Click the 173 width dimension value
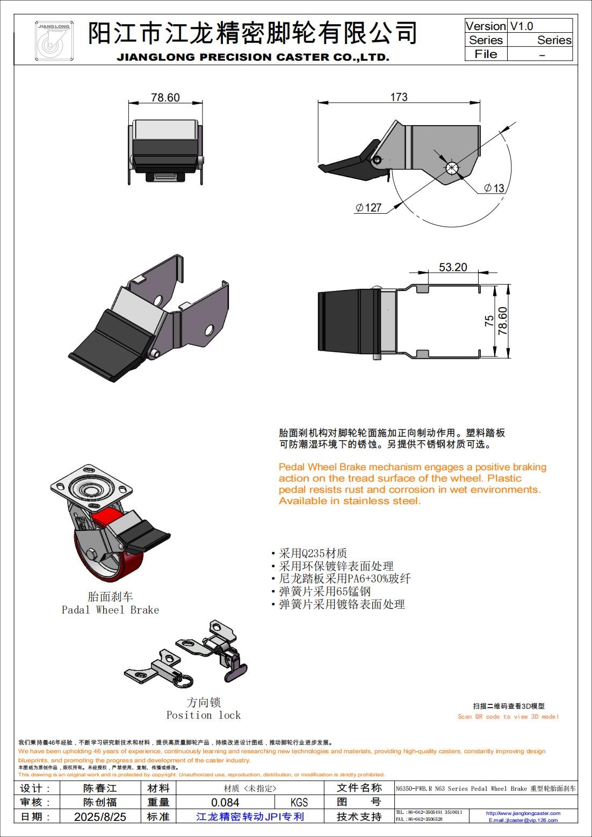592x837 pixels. pyautogui.click(x=399, y=97)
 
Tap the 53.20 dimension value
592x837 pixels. pyautogui.click(x=453, y=267)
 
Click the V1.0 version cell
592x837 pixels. pyautogui.click(x=522, y=26)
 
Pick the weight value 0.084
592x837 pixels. pyautogui.click(x=225, y=802)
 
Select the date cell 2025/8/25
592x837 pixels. pyautogui.click(x=100, y=817)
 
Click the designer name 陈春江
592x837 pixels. pyautogui.click(x=100, y=788)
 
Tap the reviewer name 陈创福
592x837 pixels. pyautogui.click(x=100, y=802)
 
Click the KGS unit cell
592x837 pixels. pyautogui.click(x=299, y=802)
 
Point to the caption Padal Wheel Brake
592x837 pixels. pyautogui.click(x=110, y=610)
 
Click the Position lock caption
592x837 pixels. pyautogui.click(x=204, y=715)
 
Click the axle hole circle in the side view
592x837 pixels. pyautogui.click(x=452, y=168)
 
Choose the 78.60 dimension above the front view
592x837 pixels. pyautogui.click(x=165, y=98)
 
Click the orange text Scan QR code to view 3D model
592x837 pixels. pyautogui.click(x=508, y=716)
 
